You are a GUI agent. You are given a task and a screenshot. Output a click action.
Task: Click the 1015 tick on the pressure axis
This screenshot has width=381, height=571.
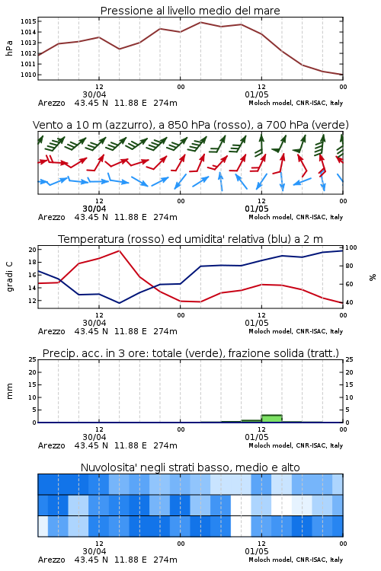click(x=28, y=21)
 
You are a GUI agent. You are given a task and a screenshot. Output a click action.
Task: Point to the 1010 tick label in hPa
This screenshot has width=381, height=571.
click(x=28, y=75)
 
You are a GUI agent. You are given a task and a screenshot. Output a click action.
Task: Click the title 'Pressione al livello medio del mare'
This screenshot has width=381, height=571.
click(x=190, y=11)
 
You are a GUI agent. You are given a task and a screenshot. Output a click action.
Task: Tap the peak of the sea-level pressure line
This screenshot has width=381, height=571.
click(x=200, y=22)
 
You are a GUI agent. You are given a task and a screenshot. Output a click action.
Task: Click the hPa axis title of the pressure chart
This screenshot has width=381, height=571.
click(x=9, y=48)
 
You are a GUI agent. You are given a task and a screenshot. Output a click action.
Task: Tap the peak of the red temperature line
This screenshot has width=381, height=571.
click(x=119, y=250)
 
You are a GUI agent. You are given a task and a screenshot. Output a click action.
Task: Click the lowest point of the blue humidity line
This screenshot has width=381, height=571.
click(x=119, y=303)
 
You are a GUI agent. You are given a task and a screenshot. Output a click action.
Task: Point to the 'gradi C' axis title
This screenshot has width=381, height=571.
click(x=9, y=277)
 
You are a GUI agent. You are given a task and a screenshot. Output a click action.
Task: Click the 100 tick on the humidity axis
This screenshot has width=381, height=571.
click(x=351, y=247)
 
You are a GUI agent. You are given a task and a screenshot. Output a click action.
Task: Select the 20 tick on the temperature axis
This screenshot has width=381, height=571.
click(x=33, y=250)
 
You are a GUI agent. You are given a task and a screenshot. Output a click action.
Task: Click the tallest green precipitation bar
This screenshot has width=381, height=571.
click(x=271, y=419)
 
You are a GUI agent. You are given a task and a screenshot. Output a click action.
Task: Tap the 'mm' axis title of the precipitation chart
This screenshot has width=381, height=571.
click(x=9, y=391)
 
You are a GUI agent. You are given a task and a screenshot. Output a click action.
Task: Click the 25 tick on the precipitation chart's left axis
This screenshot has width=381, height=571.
click(x=33, y=359)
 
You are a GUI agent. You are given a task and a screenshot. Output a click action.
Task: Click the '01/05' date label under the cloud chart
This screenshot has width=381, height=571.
click(x=257, y=551)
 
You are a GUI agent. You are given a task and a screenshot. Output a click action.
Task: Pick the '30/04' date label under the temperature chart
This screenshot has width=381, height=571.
click(x=94, y=323)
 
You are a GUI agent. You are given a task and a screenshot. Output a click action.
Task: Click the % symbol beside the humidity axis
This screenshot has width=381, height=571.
click(x=373, y=277)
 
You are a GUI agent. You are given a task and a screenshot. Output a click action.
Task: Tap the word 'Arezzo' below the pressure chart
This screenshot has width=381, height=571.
click(x=51, y=103)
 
